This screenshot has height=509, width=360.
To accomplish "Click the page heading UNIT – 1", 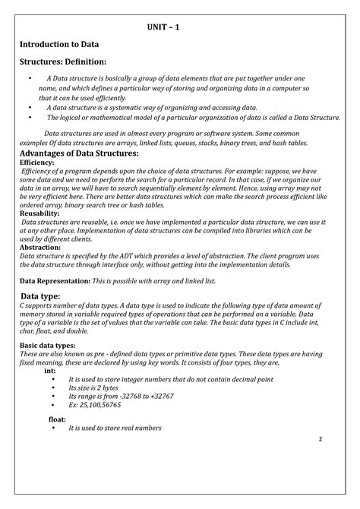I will pos(163,29).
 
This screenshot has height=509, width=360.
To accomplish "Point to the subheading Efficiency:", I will pos(37,163).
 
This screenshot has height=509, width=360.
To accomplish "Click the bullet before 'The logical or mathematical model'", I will pos(29,118).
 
